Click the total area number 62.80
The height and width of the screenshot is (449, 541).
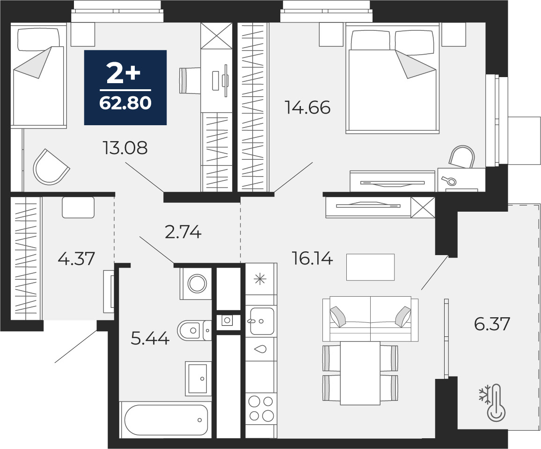pos(125,103)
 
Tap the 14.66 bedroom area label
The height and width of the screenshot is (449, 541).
pos(308,107)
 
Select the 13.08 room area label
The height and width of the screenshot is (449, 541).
pos(125,148)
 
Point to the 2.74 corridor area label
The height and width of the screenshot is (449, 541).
pos(183,232)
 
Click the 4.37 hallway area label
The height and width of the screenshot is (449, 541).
pos(76,258)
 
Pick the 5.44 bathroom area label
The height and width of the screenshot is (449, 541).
pos(150,338)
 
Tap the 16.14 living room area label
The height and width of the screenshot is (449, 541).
pos(312,258)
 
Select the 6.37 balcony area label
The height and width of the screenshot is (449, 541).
pos(492,324)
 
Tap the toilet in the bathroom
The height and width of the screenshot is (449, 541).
pos(194,330)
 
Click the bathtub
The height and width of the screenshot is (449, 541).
pos(166,420)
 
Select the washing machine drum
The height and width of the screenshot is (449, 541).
pos(197,284)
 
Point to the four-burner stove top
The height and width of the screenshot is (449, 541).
pos(261,408)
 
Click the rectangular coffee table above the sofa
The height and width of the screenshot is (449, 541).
pos(371,267)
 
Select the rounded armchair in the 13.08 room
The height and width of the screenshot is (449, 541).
pos(51,167)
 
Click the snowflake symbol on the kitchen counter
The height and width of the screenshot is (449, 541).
pos(260,279)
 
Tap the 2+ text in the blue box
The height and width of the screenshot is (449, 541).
pos(123,74)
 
